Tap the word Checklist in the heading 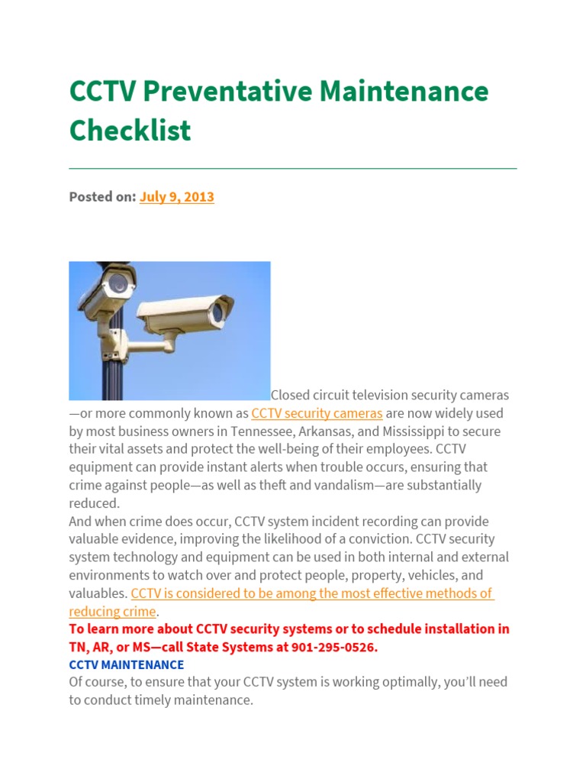(130, 131)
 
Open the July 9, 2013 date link (176, 197)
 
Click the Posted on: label (102, 197)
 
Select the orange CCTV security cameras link (317, 413)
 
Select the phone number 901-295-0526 (338, 647)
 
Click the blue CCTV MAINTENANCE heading (126, 665)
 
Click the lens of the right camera (218, 312)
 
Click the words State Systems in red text (272, 647)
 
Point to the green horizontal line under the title (293, 168)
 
